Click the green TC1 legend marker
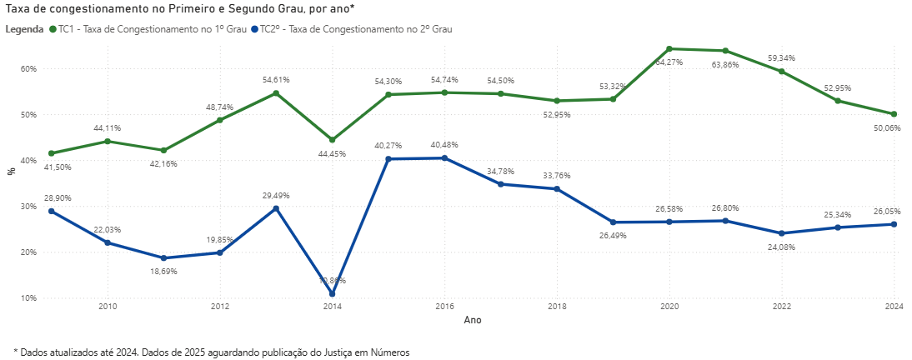pyautogui.click(x=53, y=28)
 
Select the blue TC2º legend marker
pyautogui.click(x=254, y=28)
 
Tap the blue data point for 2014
pyautogui.click(x=332, y=294)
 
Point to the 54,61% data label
pyautogui.click(x=276, y=80)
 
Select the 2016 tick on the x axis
pyautogui.click(x=444, y=307)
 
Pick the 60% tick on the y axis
pyautogui.click(x=28, y=68)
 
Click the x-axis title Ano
pyautogui.click(x=472, y=320)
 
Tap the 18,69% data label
pyautogui.click(x=163, y=272)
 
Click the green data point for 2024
pyautogui.click(x=894, y=114)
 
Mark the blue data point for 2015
pyautogui.click(x=388, y=159)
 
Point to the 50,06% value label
pyautogui.click(x=886, y=128)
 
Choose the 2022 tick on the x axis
pyautogui.click(x=781, y=307)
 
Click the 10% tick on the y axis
pyautogui.click(x=28, y=297)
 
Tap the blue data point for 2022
pyautogui.click(x=781, y=233)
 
